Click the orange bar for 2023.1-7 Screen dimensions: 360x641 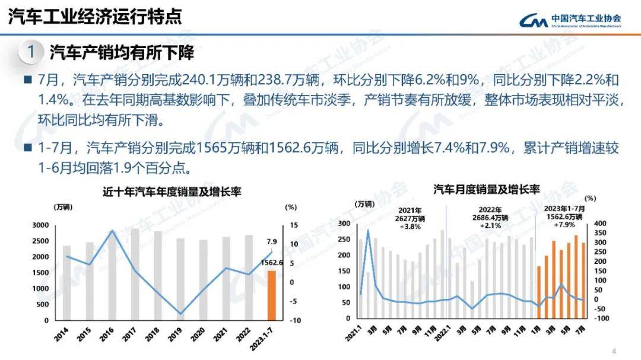271,295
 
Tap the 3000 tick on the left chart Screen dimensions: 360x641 41,225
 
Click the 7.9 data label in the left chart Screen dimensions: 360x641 271,241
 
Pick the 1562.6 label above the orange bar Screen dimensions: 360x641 271,263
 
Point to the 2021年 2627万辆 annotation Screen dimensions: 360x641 410,218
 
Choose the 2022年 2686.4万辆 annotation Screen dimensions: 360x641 490,218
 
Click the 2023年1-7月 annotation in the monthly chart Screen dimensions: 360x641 564,216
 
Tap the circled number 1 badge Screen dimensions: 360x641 31,52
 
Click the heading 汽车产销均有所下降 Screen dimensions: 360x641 122,52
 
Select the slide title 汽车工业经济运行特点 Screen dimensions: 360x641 95,17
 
